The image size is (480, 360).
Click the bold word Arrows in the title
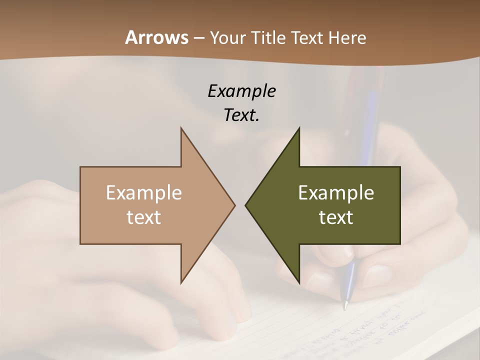click(x=156, y=37)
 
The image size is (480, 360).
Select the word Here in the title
click(x=347, y=38)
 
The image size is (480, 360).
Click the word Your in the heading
click(x=227, y=38)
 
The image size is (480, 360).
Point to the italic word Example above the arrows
click(x=241, y=91)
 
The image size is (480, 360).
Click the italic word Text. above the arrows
click(x=241, y=115)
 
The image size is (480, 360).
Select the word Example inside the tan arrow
click(x=143, y=192)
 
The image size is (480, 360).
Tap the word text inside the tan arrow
click(x=143, y=217)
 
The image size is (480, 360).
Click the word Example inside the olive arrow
click(x=336, y=192)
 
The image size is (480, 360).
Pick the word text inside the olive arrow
click(x=336, y=217)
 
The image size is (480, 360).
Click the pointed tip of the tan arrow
click(x=234, y=205)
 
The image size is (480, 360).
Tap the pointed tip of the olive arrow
click(x=245, y=205)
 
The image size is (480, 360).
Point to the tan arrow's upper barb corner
click(x=181, y=128)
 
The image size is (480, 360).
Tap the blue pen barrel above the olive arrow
click(x=370, y=120)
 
